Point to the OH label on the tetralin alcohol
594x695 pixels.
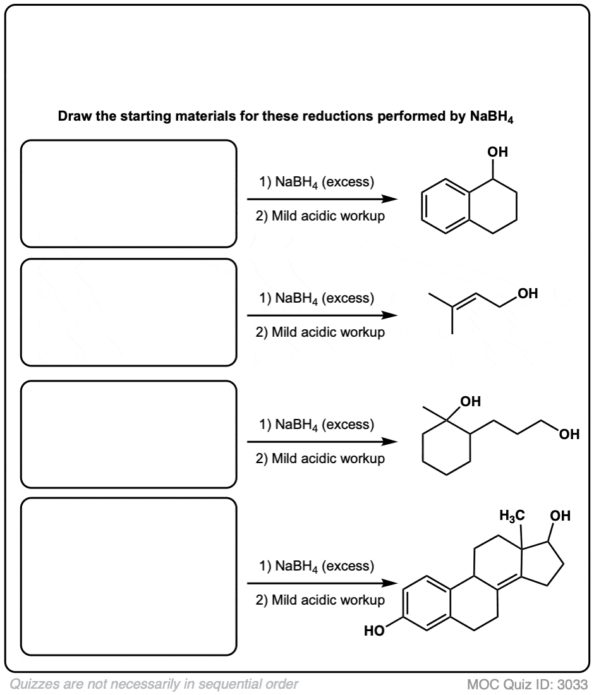pyautogui.click(x=497, y=152)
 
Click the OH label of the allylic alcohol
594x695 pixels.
pyautogui.click(x=528, y=293)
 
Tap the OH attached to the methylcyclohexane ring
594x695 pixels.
pyautogui.click(x=470, y=401)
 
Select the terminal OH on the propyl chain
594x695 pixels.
pyautogui.click(x=569, y=434)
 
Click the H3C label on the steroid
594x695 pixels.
pyautogui.click(x=512, y=516)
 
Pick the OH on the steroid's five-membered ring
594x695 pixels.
pyautogui.click(x=561, y=516)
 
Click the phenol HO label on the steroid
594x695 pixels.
pyautogui.click(x=374, y=631)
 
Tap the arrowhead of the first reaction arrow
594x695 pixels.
pyautogui.click(x=389, y=199)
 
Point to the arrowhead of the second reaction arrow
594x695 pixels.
pyautogui.click(x=389, y=315)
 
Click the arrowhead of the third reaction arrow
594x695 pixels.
pyautogui.click(x=389, y=442)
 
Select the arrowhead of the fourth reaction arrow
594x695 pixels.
pyautogui.click(x=389, y=583)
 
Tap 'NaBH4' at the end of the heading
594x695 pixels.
pyautogui.click(x=492, y=117)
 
